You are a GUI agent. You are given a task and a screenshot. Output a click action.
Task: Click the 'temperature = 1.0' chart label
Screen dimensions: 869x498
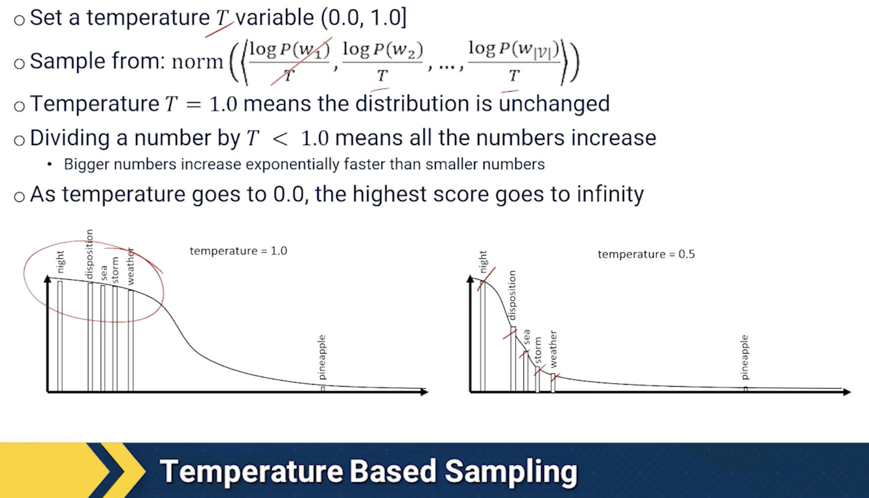(x=238, y=251)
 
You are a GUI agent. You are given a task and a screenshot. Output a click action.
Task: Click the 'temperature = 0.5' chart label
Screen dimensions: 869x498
(x=646, y=254)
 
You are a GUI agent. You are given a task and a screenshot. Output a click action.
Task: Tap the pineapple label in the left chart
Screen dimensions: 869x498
(x=322, y=357)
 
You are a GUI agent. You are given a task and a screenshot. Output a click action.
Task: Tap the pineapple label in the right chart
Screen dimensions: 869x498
(x=745, y=357)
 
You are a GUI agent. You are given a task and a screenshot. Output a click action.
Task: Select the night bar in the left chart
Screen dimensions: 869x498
(x=60, y=336)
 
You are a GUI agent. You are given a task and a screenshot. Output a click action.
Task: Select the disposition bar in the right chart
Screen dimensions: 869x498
(x=513, y=359)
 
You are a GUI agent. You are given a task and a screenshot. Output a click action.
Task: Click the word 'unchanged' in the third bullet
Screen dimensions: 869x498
(x=554, y=103)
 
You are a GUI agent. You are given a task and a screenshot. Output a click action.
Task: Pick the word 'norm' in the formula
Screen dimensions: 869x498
(x=197, y=62)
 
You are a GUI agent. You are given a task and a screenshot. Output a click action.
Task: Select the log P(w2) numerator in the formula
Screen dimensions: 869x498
(x=383, y=50)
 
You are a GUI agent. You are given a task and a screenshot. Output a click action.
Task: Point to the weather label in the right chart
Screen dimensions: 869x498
(x=553, y=349)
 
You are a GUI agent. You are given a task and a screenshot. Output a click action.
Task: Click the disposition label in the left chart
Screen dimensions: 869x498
(x=89, y=254)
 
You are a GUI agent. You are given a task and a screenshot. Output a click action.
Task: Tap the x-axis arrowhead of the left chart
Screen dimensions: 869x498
(x=424, y=392)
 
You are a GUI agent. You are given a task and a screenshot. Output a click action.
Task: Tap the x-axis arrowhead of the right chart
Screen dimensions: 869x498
(x=847, y=392)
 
